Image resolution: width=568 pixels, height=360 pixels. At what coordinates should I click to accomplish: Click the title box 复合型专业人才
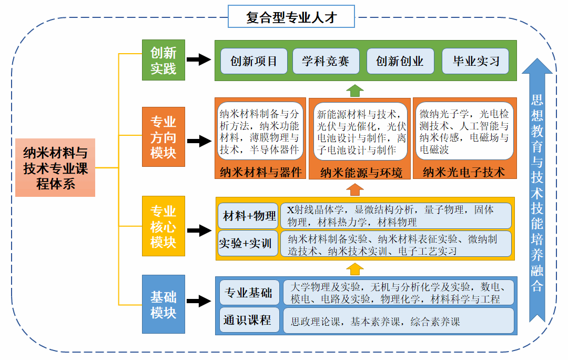pyautogui.click(x=291, y=16)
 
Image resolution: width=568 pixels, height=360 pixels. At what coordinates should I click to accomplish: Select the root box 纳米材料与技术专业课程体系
pyautogui.click(x=55, y=168)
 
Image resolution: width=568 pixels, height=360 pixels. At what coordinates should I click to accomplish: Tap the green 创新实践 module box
pyautogui.click(x=164, y=60)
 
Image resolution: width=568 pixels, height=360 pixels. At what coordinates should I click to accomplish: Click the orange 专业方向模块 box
pyautogui.click(x=164, y=137)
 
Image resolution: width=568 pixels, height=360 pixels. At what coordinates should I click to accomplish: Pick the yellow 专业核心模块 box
pyautogui.click(x=164, y=226)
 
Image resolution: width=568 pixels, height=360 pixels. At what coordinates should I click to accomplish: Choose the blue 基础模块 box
pyautogui.click(x=164, y=304)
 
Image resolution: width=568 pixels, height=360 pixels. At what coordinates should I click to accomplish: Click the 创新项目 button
pyautogui.click(x=254, y=61)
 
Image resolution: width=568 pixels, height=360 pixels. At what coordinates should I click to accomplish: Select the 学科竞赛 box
pyautogui.click(x=326, y=61)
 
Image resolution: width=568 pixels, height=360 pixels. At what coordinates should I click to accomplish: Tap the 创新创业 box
pyautogui.click(x=400, y=61)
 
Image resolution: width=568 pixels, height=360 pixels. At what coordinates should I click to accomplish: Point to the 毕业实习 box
pyautogui.click(x=475, y=61)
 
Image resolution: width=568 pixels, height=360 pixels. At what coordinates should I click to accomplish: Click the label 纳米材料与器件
pyautogui.click(x=260, y=172)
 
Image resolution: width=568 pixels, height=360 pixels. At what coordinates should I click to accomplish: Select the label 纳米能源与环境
pyautogui.click(x=361, y=173)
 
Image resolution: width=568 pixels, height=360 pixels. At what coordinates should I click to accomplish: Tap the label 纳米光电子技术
pyautogui.click(x=464, y=172)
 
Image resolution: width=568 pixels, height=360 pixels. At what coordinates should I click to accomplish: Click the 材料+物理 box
pyautogui.click(x=248, y=216)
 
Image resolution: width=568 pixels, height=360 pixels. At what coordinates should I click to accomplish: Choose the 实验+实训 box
pyautogui.click(x=248, y=243)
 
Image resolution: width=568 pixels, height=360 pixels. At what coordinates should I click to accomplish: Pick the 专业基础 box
pyautogui.click(x=249, y=292)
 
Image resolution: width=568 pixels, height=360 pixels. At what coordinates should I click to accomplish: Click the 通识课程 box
pyautogui.click(x=249, y=320)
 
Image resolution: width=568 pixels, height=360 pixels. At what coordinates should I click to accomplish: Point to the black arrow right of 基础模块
pyautogui.click(x=199, y=301)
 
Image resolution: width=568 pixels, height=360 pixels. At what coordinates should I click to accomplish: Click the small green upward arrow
pyautogui.click(x=354, y=91)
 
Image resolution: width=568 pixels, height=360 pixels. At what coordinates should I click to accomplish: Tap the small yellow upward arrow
pyautogui.click(x=354, y=269)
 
